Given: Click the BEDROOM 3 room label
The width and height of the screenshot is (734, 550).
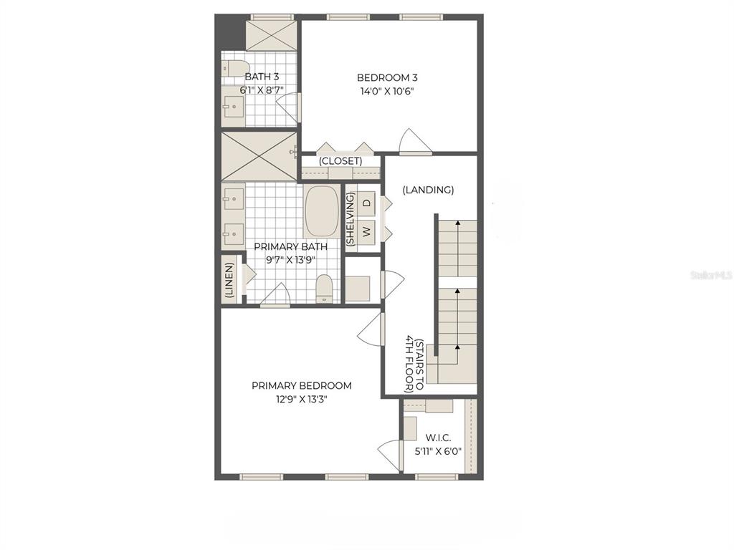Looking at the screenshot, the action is [387, 77].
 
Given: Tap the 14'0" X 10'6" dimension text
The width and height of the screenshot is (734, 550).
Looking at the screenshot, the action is [387, 91].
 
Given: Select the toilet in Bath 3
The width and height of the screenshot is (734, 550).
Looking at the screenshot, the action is [235, 68].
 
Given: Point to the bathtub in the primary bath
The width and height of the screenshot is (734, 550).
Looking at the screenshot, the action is [322, 212].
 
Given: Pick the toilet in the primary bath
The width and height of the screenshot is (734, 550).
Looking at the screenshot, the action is [324, 289].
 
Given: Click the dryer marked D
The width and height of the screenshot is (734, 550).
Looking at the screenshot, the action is [367, 203].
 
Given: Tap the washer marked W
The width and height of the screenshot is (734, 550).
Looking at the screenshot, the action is [367, 231].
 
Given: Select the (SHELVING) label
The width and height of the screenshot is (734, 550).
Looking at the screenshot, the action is [351, 219].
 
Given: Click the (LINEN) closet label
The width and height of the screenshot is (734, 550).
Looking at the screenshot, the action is [229, 280].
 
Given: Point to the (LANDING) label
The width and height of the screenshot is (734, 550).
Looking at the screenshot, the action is [429, 190].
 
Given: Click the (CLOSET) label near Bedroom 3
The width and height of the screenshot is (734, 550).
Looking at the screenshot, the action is [340, 161].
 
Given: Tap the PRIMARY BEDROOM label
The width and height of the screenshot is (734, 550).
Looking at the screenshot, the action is [302, 386].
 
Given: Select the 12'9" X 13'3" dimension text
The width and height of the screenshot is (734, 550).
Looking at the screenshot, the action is [302, 400].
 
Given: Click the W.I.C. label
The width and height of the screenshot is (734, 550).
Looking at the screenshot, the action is [438, 438].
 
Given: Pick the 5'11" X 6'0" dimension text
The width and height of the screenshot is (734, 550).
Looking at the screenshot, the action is [438, 452].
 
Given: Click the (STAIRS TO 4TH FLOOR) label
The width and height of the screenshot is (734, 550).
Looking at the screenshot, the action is [415, 365].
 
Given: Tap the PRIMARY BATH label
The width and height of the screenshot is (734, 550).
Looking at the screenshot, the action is [291, 246].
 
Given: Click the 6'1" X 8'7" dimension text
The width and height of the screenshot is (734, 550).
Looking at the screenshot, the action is [262, 90].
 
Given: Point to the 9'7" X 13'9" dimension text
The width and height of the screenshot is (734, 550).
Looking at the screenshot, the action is [291, 260].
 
